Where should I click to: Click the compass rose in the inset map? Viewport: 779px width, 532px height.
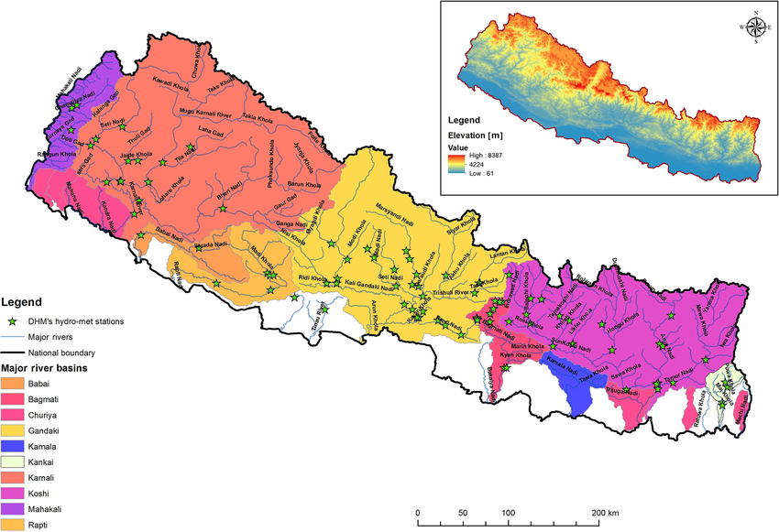[754, 27]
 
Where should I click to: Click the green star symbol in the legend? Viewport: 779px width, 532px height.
[12, 321]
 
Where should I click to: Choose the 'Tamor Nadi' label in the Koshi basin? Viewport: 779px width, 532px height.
[679, 377]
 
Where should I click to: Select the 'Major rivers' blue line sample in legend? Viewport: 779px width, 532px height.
[13, 337]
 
